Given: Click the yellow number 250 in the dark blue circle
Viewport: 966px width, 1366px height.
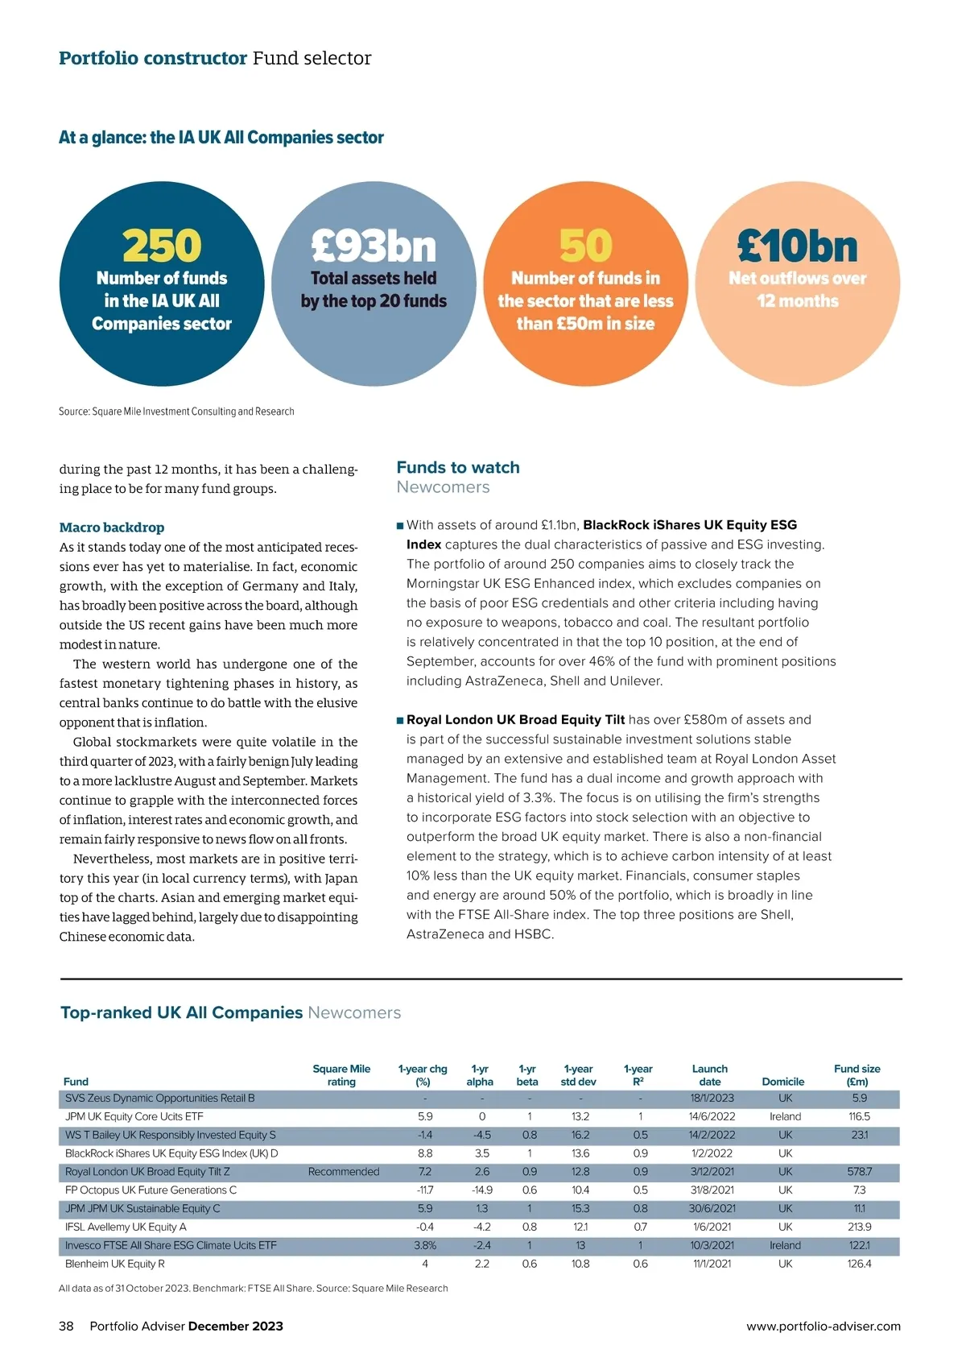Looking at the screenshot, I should [x=162, y=246].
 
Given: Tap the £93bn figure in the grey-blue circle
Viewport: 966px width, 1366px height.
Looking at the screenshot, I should [x=374, y=246].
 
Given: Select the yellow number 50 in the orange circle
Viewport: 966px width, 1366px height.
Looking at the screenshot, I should [x=585, y=246].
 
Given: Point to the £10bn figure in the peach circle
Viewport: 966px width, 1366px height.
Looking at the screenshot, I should [x=797, y=246].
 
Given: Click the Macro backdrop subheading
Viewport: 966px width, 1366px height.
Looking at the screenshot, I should [x=112, y=528].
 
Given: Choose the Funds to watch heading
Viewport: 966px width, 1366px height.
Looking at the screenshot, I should [x=458, y=468].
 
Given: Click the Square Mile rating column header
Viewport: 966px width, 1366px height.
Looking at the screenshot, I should [x=341, y=1075].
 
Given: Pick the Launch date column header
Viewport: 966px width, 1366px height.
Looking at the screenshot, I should [x=709, y=1075].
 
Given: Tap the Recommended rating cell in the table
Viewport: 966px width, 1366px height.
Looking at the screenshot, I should [x=344, y=1172].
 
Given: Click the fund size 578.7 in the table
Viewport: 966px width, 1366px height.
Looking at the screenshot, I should [x=860, y=1172].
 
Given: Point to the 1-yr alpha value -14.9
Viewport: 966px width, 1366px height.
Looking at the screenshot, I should [x=481, y=1190].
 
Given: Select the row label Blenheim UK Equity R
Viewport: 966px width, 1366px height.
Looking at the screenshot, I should [x=115, y=1264].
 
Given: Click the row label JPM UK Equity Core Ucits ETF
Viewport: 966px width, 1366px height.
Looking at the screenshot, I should [x=134, y=1117].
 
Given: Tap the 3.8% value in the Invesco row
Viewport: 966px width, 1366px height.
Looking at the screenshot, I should [x=425, y=1245].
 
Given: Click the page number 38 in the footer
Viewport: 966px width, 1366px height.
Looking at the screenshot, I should [x=66, y=1327].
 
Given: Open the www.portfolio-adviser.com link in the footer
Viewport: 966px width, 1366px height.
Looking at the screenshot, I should [x=824, y=1327].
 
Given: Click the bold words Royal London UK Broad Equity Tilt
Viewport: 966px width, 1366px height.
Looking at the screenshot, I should [x=515, y=720].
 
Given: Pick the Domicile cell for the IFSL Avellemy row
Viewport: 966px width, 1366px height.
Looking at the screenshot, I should [x=785, y=1227].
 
